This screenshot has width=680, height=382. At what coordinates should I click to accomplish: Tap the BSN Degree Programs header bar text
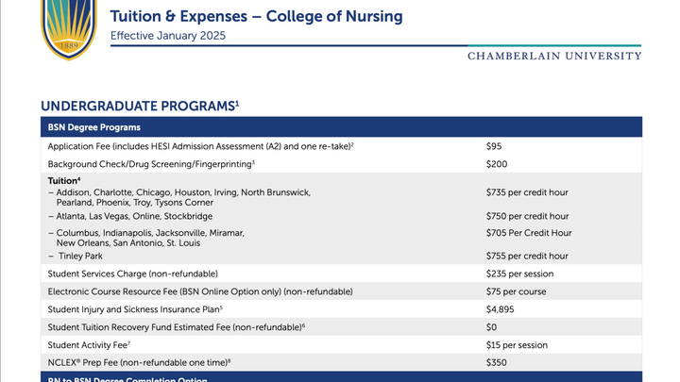click(94, 127)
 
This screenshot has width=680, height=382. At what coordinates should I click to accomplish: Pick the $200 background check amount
click(497, 164)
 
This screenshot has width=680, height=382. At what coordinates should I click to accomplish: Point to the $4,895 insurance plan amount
click(500, 309)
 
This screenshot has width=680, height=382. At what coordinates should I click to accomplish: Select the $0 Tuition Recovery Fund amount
click(491, 327)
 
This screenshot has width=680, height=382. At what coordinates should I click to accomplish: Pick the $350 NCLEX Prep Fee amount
click(497, 362)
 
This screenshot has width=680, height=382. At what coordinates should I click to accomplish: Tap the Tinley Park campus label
click(82, 256)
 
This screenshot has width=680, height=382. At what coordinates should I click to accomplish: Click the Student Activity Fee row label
click(90, 344)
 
